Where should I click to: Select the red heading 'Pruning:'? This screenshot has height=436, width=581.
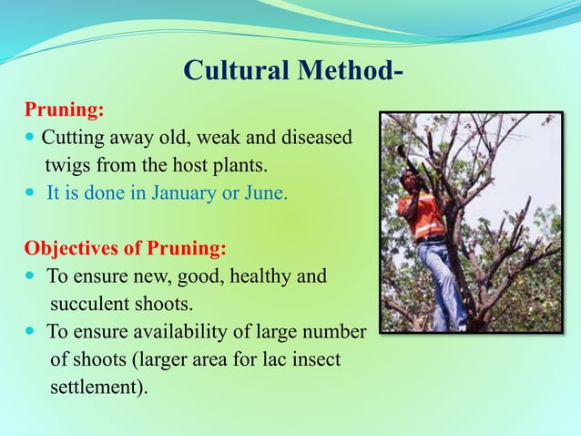[x=63, y=111]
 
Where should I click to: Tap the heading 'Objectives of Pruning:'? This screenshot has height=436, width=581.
[x=125, y=249]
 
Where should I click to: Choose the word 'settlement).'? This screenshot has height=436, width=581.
[x=97, y=387]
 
